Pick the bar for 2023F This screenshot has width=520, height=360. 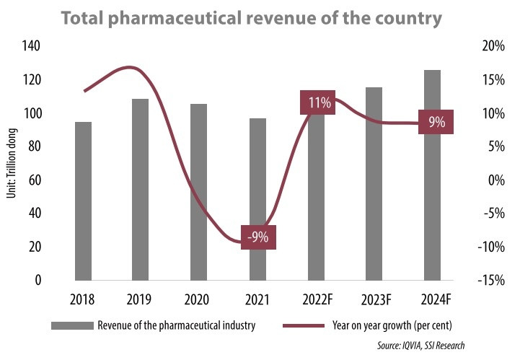click(x=374, y=183)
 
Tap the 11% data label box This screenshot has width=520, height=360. click(x=320, y=103)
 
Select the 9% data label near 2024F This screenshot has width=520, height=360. click(x=436, y=123)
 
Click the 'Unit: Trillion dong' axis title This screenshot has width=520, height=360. click(x=13, y=163)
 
